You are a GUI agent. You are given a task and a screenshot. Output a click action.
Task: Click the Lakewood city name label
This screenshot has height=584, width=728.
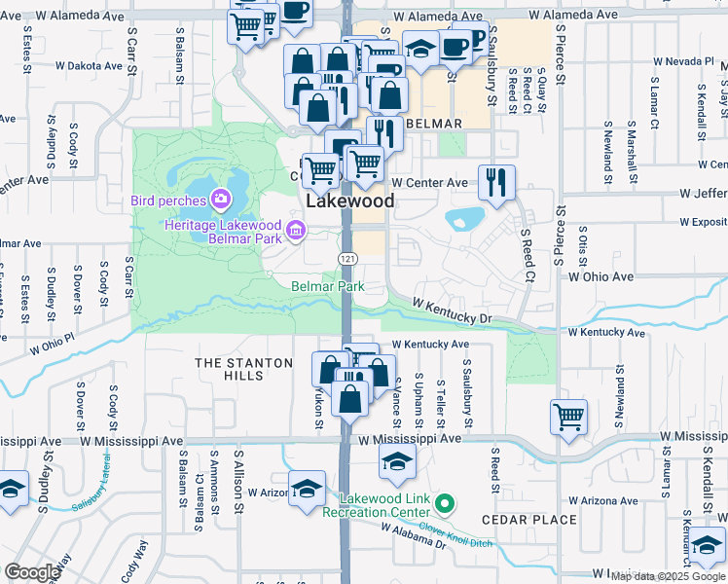click(x=351, y=201)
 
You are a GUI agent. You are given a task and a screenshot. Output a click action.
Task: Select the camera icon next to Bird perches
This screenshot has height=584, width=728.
click(x=221, y=201)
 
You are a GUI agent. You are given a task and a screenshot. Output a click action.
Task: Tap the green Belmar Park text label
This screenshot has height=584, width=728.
click(x=328, y=286)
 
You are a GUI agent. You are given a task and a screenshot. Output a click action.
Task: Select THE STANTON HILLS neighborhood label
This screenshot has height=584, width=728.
click(x=243, y=369)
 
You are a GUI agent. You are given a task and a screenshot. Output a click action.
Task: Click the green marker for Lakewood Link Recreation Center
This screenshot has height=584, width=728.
click(x=445, y=503)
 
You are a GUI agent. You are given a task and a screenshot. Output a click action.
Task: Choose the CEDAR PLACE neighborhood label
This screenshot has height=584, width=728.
click(x=529, y=520)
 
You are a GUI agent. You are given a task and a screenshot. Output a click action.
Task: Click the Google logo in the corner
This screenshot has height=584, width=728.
click(x=32, y=571)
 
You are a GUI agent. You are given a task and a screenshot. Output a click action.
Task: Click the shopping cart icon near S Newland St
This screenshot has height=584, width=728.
click(x=568, y=417)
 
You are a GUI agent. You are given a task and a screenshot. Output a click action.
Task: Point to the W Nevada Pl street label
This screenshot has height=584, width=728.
click(x=683, y=60)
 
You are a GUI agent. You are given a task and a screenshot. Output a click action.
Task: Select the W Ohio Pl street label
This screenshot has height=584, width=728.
click(x=52, y=346)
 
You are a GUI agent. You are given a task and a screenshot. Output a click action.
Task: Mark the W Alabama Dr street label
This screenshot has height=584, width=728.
click(x=414, y=534)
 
